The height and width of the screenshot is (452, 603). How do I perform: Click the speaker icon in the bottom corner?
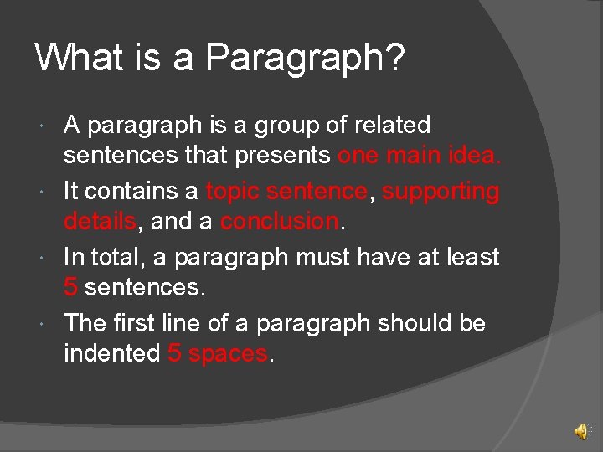click(580, 431)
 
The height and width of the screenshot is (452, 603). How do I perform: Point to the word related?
click(392, 126)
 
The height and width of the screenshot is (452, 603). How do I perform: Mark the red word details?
click(100, 222)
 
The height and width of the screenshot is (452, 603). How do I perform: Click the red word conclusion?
click(280, 222)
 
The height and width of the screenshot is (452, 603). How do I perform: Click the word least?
click(470, 257)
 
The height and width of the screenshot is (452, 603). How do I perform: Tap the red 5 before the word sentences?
click(71, 288)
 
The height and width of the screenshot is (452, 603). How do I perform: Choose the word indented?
click(111, 353)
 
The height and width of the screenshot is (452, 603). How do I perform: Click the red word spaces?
click(228, 354)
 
